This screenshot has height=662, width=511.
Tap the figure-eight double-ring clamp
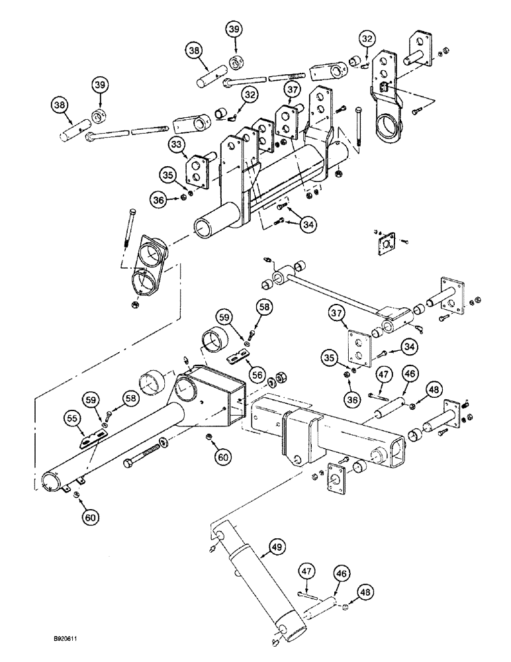tap(150, 264)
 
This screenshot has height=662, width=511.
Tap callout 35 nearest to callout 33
tap(167, 175)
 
